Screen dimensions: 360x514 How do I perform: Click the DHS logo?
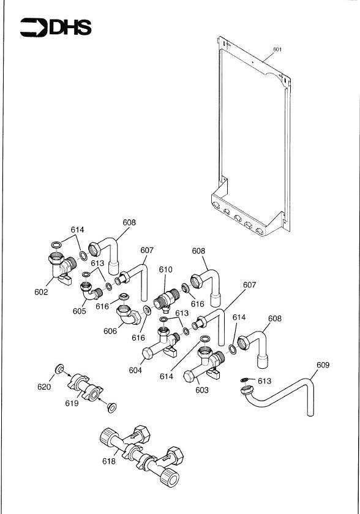[x=56, y=27]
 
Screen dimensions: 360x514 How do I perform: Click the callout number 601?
[x=277, y=49]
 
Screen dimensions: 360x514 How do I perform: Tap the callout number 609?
[x=323, y=365]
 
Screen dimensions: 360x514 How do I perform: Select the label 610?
[x=165, y=270]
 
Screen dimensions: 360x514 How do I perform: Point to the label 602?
[x=41, y=292]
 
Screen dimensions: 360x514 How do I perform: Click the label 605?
[x=79, y=311]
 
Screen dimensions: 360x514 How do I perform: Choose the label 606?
[x=110, y=331]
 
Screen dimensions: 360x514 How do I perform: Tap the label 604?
[x=135, y=370]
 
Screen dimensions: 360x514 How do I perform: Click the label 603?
[x=202, y=390]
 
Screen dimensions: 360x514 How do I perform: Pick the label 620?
[x=44, y=387]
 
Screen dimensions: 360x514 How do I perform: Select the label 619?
[x=72, y=403]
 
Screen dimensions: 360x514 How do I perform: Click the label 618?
[x=109, y=461]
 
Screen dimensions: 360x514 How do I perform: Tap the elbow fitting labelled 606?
[x=128, y=314]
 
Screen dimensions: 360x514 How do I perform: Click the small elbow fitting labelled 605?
[x=89, y=291]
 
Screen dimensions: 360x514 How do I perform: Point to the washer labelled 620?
[x=59, y=368]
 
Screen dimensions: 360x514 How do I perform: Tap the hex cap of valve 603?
[x=189, y=376]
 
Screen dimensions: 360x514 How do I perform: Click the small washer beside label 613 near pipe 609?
[x=244, y=380]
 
